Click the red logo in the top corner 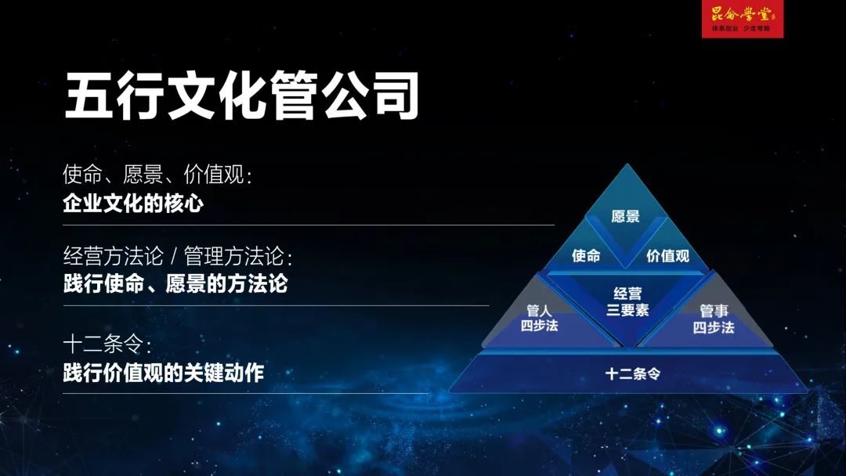click(742, 19)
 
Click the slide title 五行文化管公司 click(242, 96)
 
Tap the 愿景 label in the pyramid click(625, 217)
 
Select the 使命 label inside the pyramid click(586, 255)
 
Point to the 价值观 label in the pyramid click(668, 256)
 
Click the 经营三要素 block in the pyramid click(627, 302)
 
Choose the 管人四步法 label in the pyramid click(539, 318)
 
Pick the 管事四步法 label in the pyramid click(714, 319)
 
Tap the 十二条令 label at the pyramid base click(632, 373)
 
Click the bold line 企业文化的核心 click(133, 204)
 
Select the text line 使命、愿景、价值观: click(157, 174)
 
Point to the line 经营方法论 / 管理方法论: click(178, 255)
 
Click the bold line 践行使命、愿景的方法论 click(175, 284)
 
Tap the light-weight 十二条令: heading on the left click(107, 344)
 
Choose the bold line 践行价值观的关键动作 click(164, 373)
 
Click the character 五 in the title click(89, 96)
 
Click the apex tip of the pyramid click(627, 164)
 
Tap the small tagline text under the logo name click(741, 28)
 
